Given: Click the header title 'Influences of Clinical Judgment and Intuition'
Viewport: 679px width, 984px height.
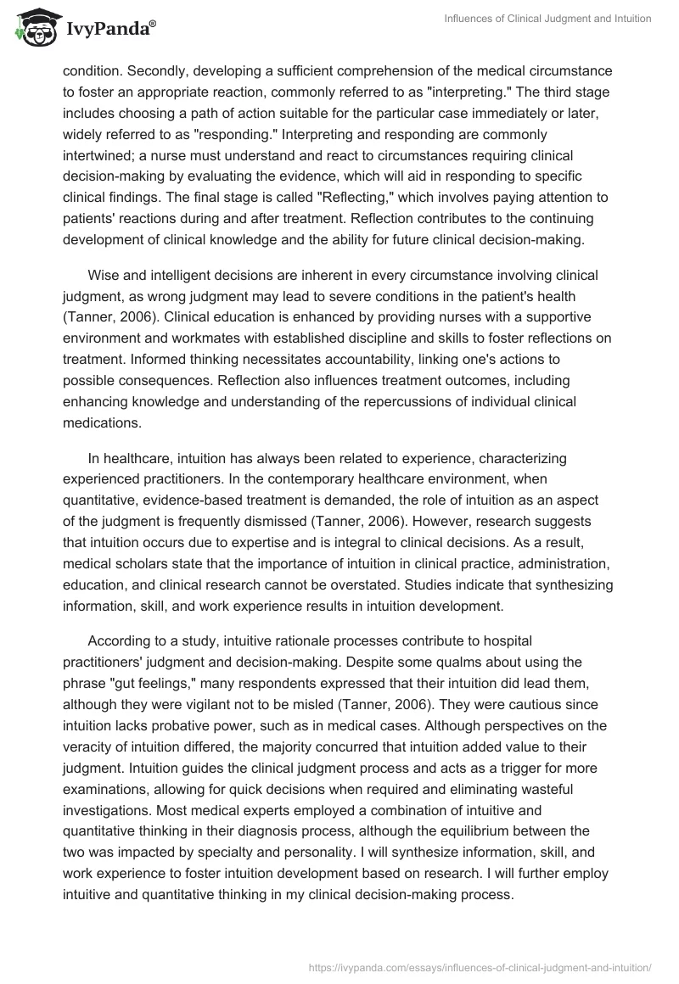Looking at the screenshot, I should (x=548, y=19).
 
